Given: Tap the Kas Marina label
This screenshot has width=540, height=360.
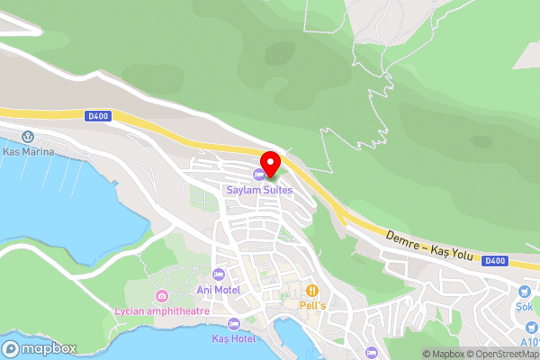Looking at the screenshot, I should (29, 152).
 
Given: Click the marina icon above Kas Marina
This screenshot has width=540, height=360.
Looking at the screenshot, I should (28, 138).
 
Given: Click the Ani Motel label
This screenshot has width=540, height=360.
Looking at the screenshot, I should (218, 290).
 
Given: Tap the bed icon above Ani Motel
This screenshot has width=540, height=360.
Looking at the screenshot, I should (218, 274).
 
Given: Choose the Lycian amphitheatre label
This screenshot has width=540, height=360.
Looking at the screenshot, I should (162, 311).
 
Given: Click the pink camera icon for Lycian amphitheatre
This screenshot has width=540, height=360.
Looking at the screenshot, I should (161, 295).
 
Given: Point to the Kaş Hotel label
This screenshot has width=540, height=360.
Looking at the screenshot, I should (233, 338).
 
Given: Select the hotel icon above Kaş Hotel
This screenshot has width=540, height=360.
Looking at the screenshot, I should (234, 323).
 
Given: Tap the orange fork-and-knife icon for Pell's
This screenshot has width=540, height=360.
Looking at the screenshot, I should (312, 290).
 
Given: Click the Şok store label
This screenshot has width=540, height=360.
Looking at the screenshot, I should (526, 306).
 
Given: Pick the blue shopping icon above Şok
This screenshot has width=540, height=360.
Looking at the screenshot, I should (526, 291).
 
